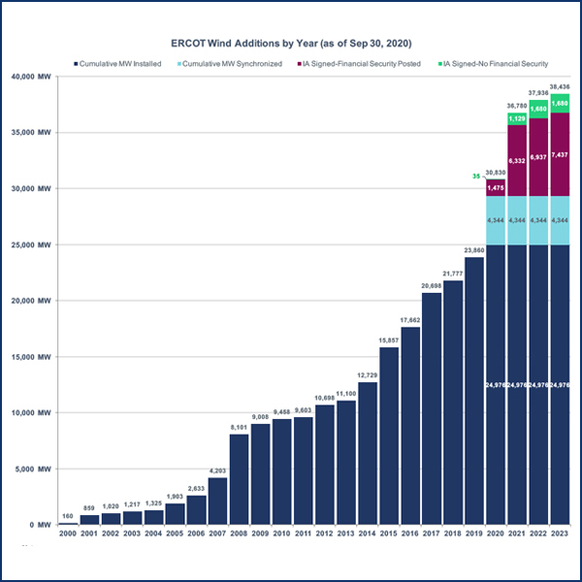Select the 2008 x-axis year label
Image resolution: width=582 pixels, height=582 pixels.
pyautogui.click(x=239, y=534)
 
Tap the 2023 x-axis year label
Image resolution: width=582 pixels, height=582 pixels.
pyautogui.click(x=559, y=534)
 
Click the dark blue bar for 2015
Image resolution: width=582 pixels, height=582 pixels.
pyautogui.click(x=388, y=436)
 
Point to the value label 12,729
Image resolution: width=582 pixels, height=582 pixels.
pyautogui.click(x=367, y=375)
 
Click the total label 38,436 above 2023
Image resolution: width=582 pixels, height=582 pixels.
pyautogui.click(x=559, y=87)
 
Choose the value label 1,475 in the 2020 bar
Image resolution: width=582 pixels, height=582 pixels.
pyautogui.click(x=495, y=187)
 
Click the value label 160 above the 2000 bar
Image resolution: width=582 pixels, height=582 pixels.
pyautogui.click(x=68, y=517)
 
